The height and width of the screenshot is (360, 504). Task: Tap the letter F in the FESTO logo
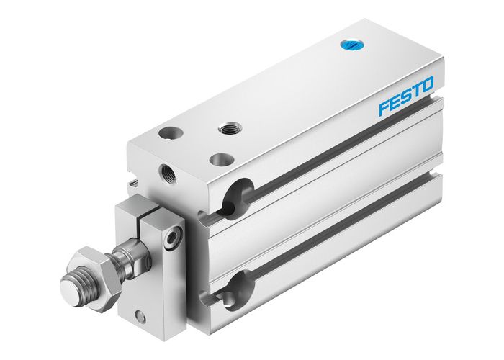385,108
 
